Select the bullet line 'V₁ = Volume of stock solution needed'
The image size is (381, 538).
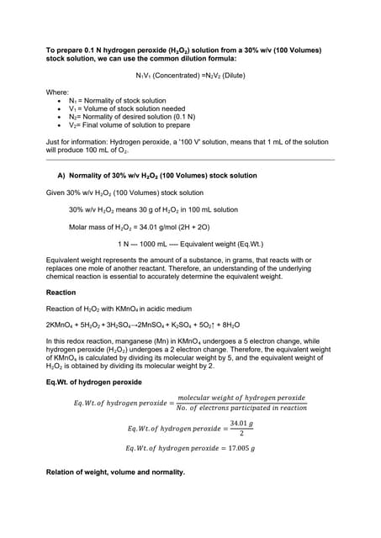point(126,108)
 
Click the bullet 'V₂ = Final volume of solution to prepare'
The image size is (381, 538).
point(130,124)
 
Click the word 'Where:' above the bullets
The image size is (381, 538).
point(57,90)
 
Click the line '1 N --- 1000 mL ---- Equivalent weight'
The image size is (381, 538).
point(190,244)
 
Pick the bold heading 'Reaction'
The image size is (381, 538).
point(61,293)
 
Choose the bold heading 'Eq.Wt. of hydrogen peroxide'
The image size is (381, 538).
point(94,382)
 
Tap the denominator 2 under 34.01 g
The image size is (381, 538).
point(241,433)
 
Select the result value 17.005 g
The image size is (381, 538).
point(236,448)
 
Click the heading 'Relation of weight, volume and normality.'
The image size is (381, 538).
point(115,472)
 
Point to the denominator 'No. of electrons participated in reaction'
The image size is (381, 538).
point(242,408)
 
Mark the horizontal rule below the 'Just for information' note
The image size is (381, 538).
point(190,160)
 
